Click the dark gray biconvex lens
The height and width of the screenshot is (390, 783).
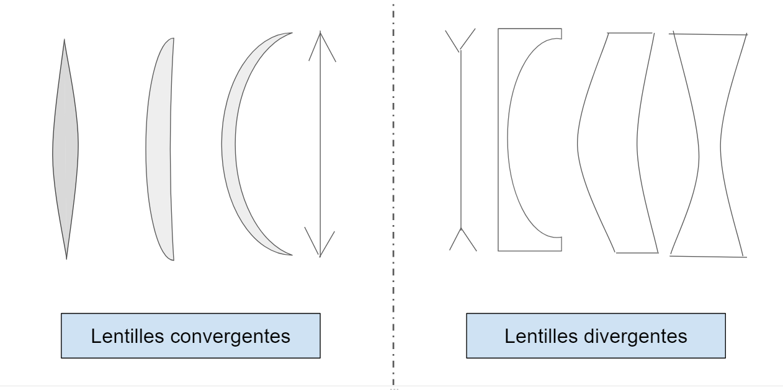click(65, 149)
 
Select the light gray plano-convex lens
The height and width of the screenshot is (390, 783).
click(159, 149)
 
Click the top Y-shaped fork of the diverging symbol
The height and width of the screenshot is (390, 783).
click(460, 41)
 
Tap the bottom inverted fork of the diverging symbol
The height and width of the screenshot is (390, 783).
click(462, 238)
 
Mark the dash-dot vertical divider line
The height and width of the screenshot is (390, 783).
click(393, 186)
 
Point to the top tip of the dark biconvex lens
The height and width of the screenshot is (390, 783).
click(64, 40)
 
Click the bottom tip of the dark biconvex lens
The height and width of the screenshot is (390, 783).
click(66, 258)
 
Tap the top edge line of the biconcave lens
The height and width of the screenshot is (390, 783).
click(710, 34)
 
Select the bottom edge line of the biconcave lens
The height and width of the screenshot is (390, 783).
click(708, 255)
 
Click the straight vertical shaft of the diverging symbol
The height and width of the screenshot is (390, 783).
click(460, 140)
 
